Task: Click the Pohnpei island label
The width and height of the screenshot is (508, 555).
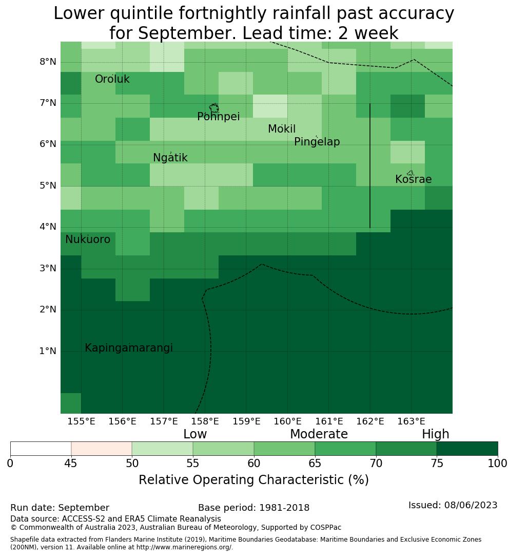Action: tap(219, 117)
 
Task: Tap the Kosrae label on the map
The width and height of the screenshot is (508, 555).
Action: tap(413, 179)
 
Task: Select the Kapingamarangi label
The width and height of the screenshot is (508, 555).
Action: tap(129, 348)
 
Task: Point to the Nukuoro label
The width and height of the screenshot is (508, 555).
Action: tap(88, 239)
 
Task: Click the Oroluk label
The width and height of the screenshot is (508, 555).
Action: tap(112, 79)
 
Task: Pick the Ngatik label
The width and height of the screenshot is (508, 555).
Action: tap(170, 158)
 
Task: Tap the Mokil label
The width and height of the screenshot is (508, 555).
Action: tap(282, 129)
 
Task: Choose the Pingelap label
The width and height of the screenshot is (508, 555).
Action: tap(317, 142)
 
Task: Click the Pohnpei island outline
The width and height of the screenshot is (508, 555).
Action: tap(214, 108)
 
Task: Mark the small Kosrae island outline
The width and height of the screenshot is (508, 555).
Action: tap(411, 173)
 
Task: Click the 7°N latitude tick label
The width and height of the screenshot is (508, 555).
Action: tap(48, 103)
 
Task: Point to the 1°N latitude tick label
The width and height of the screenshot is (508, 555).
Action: tap(48, 351)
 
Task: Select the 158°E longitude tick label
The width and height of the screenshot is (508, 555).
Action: tap(205, 421)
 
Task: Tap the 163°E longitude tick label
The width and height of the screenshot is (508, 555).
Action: tap(411, 421)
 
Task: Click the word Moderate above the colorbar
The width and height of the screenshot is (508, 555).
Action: tap(319, 434)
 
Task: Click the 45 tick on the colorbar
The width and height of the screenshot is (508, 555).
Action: tap(71, 464)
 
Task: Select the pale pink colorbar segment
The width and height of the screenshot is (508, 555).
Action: tap(102, 449)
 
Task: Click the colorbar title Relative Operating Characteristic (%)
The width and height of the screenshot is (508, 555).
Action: tap(253, 480)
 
